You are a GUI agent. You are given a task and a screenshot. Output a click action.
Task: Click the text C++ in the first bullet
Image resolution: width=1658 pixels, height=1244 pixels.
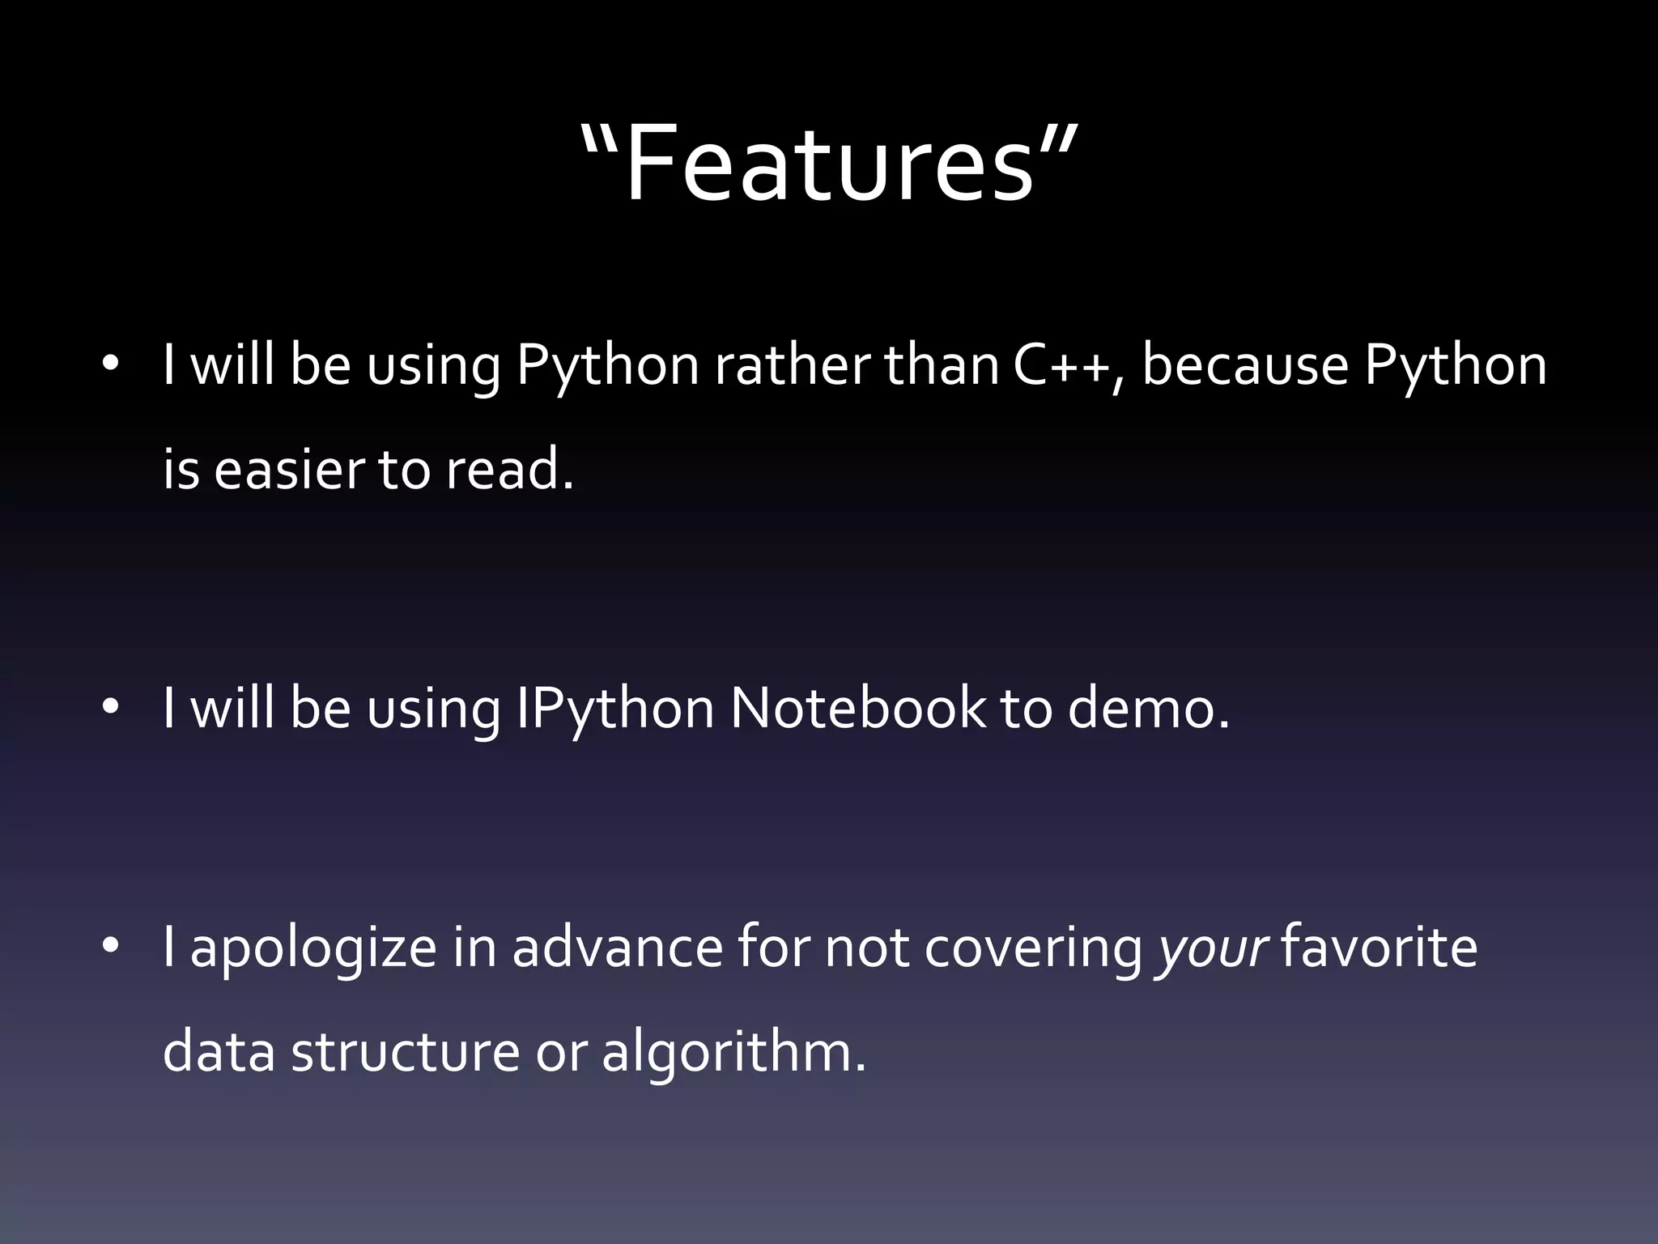coord(1061,366)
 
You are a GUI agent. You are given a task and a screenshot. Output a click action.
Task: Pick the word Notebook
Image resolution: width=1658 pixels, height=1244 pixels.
coord(858,709)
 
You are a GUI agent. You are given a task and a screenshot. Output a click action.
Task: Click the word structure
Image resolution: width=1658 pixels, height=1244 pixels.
coord(405,1052)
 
